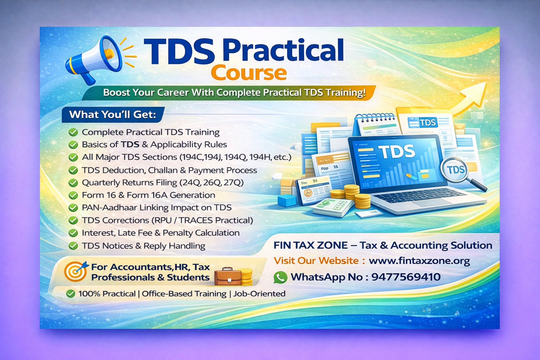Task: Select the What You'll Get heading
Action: [x=112, y=114]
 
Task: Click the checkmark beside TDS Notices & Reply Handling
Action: [x=73, y=246]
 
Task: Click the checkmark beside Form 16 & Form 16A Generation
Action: [x=73, y=195]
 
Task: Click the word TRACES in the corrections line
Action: [x=196, y=220]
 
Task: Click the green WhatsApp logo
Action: [x=280, y=277]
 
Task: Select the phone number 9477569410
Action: [x=406, y=277]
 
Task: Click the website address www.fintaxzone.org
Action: [x=419, y=261]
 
